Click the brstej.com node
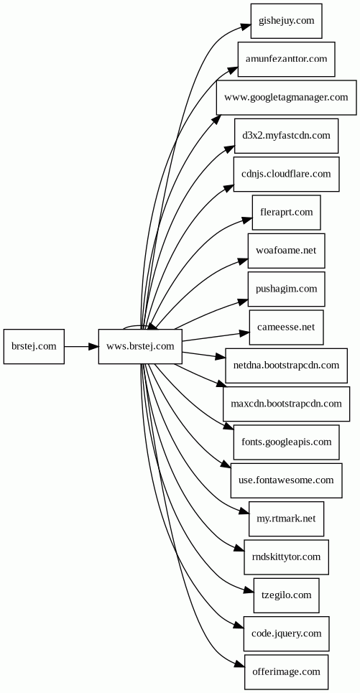pyautogui.click(x=34, y=346)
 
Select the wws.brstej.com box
pyautogui.click(x=140, y=346)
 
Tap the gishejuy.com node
pyautogui.click(x=286, y=21)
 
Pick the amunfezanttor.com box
pyautogui.click(x=286, y=59)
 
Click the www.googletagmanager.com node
pyautogui.click(x=286, y=97)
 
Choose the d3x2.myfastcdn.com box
pyautogui.click(x=286, y=136)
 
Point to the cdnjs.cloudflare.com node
pyautogui.click(x=286, y=174)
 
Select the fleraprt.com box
pyautogui.click(x=286, y=212)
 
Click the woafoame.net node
pyautogui.click(x=286, y=251)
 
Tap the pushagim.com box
pyautogui.click(x=286, y=289)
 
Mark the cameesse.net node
pyautogui.click(x=286, y=327)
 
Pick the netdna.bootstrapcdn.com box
pyautogui.click(x=286, y=366)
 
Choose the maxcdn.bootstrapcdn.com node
pyautogui.click(x=286, y=404)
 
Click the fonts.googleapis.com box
pyautogui.click(x=286, y=442)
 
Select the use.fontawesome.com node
pyautogui.click(x=286, y=480)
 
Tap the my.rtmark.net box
pyautogui.click(x=286, y=519)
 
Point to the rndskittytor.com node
pyautogui.click(x=286, y=557)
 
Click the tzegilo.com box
pyautogui.click(x=286, y=595)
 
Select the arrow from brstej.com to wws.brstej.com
pyautogui.click(x=81, y=346)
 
